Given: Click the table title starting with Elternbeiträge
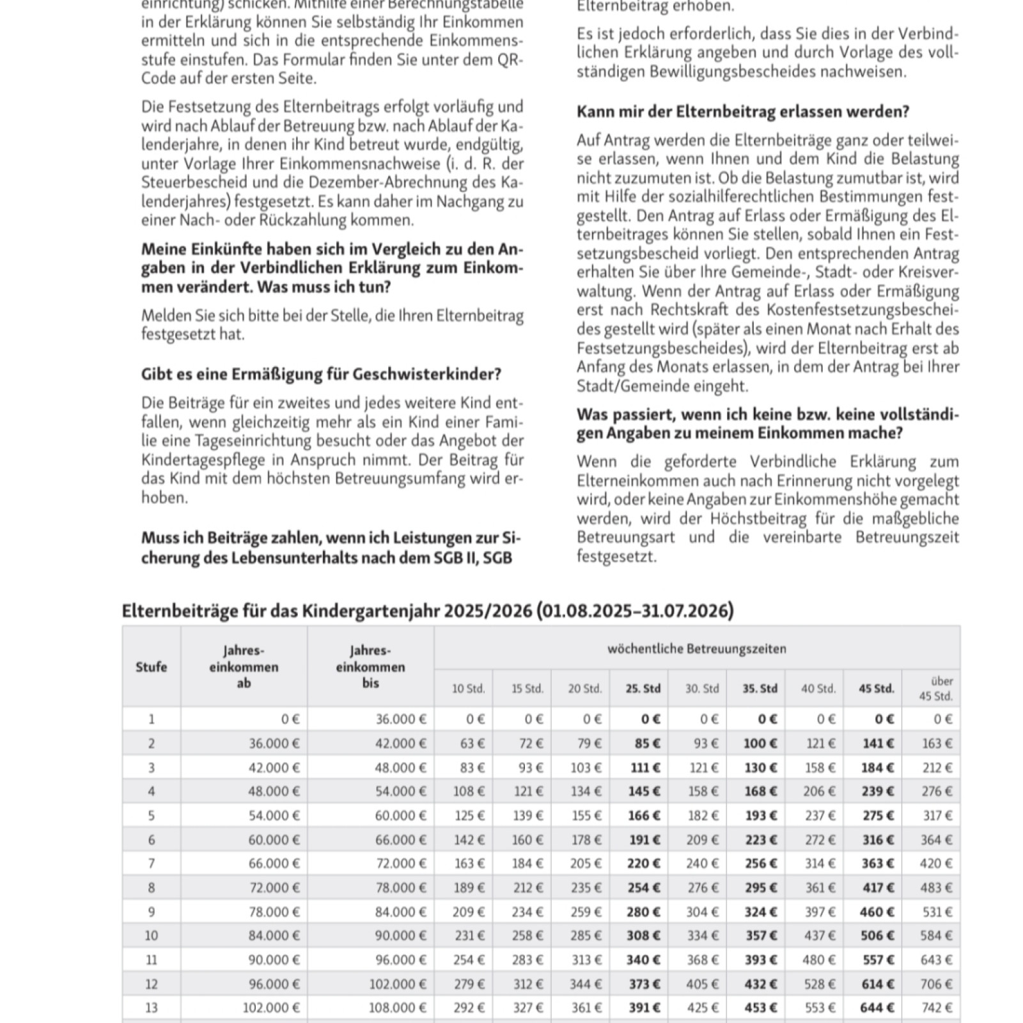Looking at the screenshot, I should pos(427,611).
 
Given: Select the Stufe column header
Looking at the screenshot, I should pos(151,667).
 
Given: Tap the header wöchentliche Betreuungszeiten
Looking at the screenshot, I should pos(696,649).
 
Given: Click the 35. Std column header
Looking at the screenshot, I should pos(760,689).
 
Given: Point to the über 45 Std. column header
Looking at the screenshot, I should pos(935,689).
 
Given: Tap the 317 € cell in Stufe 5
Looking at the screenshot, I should pos(937,816).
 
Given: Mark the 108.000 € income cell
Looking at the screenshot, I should pos(397,1008).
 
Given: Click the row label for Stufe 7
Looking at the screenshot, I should pos(151,864).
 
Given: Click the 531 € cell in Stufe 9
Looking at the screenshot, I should pos(937,912).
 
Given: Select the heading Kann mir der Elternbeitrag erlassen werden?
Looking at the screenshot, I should pos(742,112).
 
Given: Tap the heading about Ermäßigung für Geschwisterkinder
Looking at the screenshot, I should pos(321,374).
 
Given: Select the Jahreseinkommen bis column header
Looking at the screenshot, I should pos(370,667).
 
